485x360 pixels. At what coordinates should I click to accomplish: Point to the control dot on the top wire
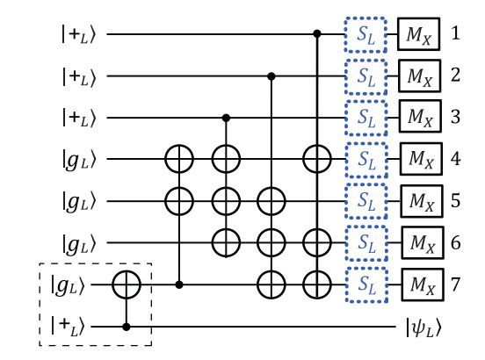[x=318, y=35]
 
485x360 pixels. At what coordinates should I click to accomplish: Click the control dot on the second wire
[x=271, y=76]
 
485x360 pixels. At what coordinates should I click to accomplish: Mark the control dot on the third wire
[x=228, y=118]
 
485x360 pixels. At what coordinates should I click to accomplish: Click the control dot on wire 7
[x=181, y=284]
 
